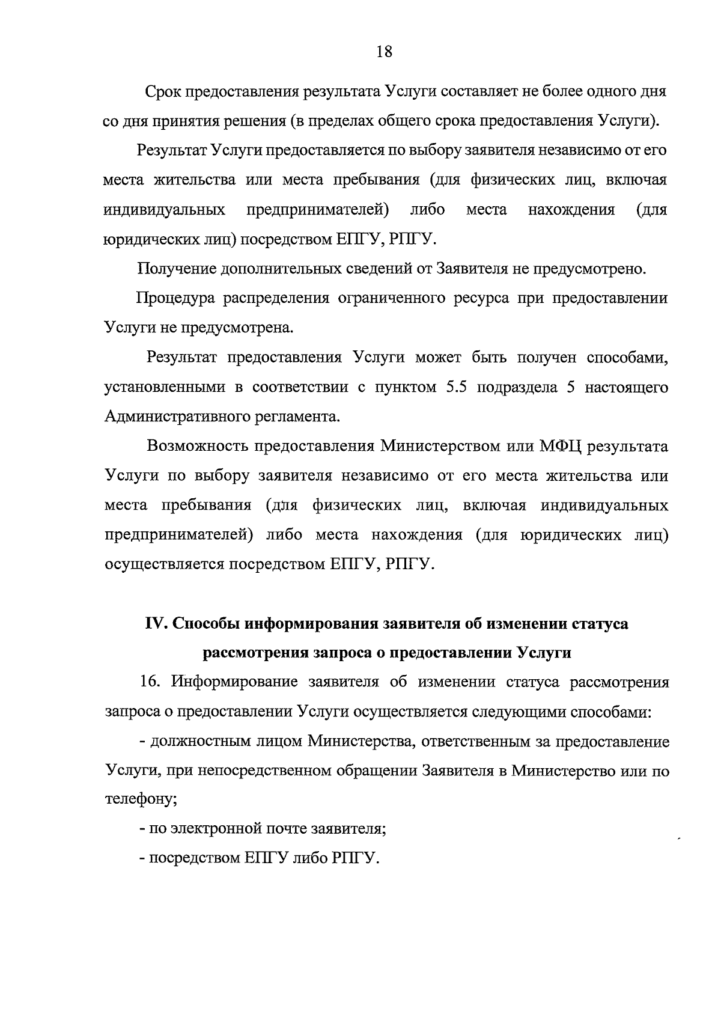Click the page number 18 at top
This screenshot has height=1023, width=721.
[x=385, y=52]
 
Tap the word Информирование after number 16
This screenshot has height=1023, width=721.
[x=234, y=682]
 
